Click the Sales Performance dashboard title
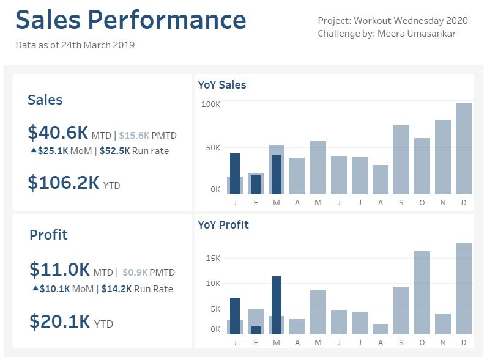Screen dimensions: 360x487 (x=130, y=20)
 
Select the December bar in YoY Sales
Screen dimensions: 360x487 (x=464, y=148)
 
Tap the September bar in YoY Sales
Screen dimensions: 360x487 (x=401, y=160)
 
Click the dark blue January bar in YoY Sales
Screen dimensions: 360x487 (x=235, y=173)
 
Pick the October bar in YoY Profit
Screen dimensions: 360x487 (x=422, y=292)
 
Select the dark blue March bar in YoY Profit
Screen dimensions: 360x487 (x=277, y=305)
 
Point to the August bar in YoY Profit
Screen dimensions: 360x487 (x=381, y=329)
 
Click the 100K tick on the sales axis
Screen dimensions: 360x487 (x=210, y=105)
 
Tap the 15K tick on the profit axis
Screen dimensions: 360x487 (x=212, y=258)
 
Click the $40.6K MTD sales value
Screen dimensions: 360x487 (x=58, y=132)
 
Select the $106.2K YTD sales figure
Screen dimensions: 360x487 (x=63, y=182)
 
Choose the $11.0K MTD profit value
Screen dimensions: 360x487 (x=59, y=270)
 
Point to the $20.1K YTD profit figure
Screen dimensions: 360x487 (x=59, y=321)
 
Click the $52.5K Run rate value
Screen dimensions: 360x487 (x=114, y=150)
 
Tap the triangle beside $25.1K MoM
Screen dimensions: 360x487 (x=33, y=150)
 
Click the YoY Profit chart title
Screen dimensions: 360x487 (x=223, y=224)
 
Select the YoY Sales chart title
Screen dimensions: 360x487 (x=221, y=85)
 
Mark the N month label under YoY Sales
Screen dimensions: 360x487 (x=443, y=204)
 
